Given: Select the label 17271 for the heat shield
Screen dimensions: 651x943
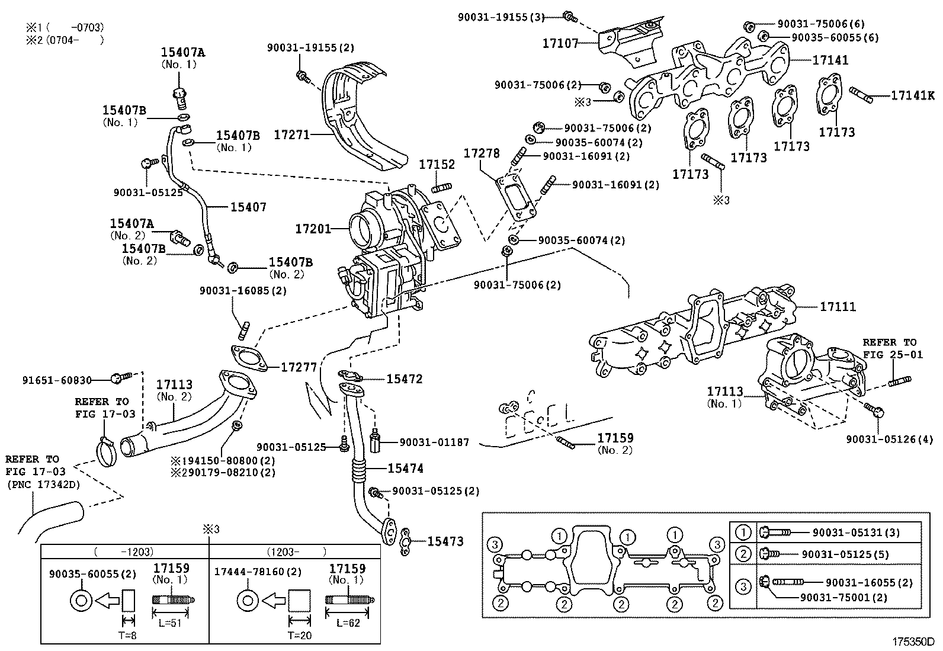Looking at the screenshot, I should pos(291,135).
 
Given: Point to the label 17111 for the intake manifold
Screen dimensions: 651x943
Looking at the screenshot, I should pos(838,307).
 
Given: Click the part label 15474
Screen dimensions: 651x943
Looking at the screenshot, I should pos(405,469).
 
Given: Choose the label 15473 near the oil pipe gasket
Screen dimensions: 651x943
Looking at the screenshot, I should pos(445,541).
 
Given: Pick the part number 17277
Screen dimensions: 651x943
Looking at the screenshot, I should pos(299,367).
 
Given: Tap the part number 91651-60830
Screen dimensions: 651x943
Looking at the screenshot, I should pos(57,380).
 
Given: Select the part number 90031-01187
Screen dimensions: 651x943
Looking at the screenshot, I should pos(434,442).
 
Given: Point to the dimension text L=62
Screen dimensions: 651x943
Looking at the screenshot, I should pos(348,624).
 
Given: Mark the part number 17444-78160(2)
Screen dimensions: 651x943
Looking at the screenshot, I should pos(258,572).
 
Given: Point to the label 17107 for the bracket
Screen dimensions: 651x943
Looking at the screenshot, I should pos(560,43).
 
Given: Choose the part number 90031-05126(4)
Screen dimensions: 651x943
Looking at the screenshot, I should pos(889,439).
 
